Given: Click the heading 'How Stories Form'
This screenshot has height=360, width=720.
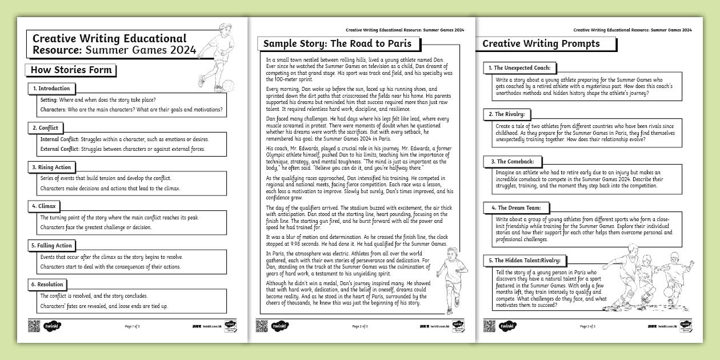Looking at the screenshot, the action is coord(71,71).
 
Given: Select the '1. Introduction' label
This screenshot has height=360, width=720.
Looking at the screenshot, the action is coord(51,89).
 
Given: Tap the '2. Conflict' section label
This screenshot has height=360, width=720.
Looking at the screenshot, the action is coord(45,128).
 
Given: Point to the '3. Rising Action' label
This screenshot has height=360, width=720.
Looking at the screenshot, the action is coord(51,167).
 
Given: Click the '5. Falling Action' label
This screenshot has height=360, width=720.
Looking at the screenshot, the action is coord(52,246).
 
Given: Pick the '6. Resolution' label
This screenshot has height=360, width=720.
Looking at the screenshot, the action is coord(47,285).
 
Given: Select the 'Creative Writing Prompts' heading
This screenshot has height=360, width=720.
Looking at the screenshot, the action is coord(541,44).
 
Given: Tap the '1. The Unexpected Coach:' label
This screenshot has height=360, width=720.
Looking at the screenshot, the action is coord(519,68).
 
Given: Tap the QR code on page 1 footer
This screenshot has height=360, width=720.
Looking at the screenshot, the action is coord(34,326).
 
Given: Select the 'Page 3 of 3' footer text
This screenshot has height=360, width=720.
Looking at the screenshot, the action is coord(588,326).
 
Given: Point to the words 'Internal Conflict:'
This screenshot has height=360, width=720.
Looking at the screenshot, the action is coord(59,139).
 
